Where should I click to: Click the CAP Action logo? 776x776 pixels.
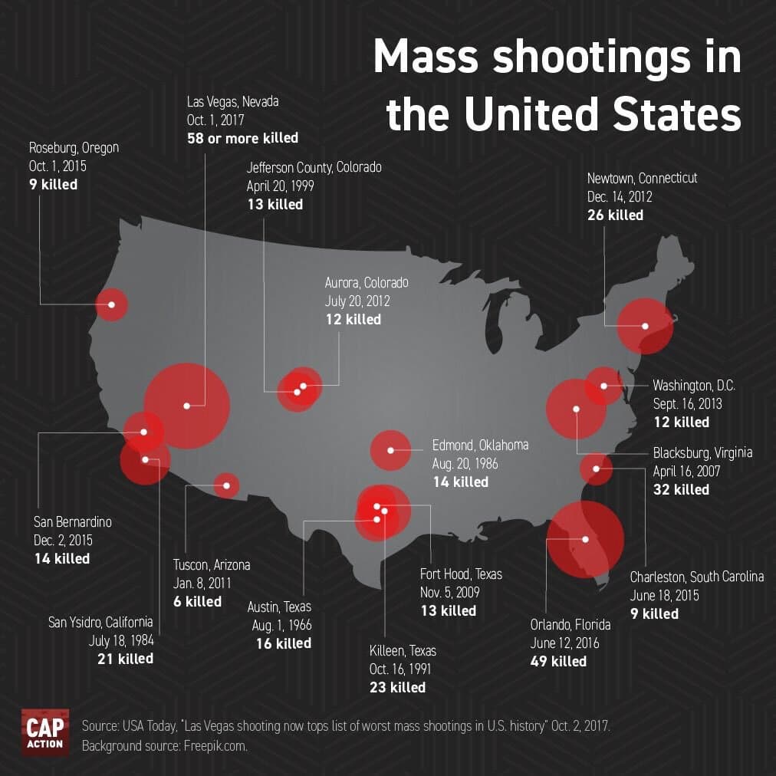coord(45,732)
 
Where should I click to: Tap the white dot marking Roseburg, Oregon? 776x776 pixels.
coord(112,304)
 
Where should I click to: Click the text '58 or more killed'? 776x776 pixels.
coord(242,139)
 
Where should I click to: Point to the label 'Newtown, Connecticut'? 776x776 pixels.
coord(642,178)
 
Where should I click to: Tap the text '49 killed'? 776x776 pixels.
coord(558,661)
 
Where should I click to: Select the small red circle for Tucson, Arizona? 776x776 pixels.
coord(225,485)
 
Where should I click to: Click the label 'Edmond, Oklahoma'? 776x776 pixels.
coord(480,445)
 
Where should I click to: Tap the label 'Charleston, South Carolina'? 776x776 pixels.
coord(697,577)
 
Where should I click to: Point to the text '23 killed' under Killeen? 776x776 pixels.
coord(397,687)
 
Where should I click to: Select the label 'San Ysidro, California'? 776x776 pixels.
coord(100,621)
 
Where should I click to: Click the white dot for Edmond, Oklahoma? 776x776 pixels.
coord(390,450)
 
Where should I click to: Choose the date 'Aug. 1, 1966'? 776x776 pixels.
coord(281,625)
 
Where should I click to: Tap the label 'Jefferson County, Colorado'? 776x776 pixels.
coord(314,167)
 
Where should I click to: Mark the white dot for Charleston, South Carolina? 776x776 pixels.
coord(595,469)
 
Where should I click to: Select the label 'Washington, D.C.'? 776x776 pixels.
coord(694,385)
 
